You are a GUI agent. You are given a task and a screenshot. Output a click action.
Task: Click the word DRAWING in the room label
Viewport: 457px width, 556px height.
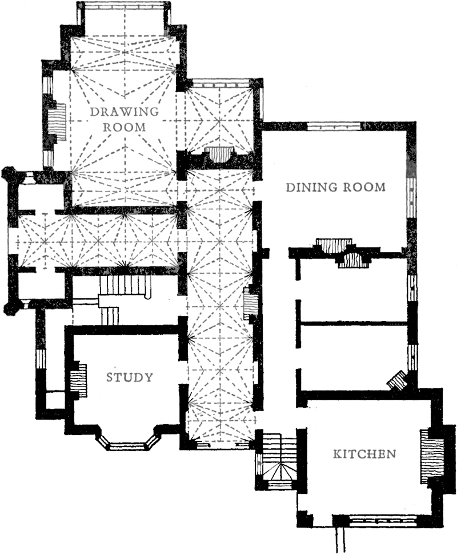(x=125, y=111)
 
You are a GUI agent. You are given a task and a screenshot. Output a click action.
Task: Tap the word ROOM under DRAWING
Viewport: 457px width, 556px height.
(x=125, y=127)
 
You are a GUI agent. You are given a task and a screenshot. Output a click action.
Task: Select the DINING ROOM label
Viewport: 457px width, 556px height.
(x=335, y=187)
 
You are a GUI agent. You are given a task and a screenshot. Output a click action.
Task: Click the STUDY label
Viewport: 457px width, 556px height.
(x=130, y=377)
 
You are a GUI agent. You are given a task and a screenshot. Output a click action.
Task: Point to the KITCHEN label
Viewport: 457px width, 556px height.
(x=364, y=453)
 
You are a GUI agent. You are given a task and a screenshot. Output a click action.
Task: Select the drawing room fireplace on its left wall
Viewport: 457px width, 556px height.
(x=58, y=123)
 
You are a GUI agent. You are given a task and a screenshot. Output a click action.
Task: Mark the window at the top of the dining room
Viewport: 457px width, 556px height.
(x=334, y=127)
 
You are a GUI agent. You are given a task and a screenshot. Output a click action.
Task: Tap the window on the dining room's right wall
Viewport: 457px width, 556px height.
(x=411, y=197)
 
